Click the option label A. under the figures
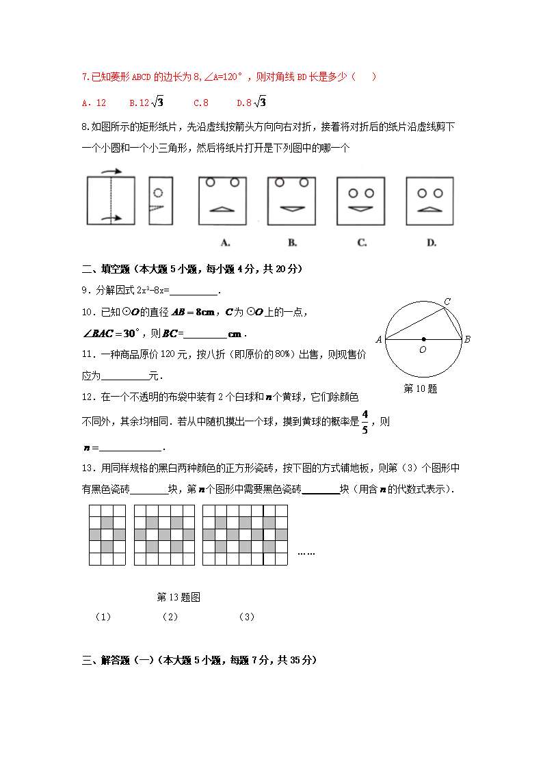tap(225, 242)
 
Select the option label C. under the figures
tap(362, 242)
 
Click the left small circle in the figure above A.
tap(211, 183)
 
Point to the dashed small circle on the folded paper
tap(159, 194)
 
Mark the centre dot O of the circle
tap(424, 339)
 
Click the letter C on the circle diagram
tap(447, 302)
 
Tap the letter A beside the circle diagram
tap(378, 339)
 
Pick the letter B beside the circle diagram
tap(467, 339)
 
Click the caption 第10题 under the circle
tap(421, 388)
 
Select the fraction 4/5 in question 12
tap(365, 422)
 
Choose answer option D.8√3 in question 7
tap(251, 103)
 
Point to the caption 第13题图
tap(178, 597)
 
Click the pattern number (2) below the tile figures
tap(170, 617)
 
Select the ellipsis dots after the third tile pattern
tap(306, 553)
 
